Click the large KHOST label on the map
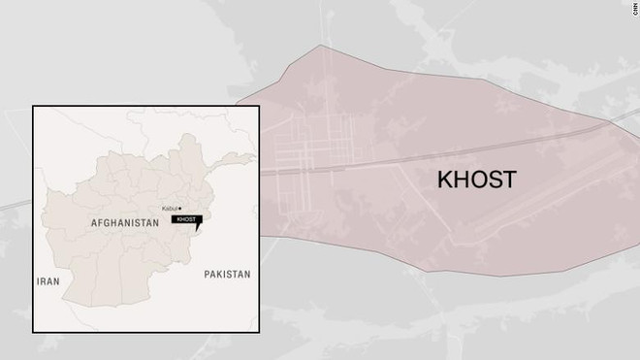(476, 180)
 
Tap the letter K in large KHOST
(444, 180)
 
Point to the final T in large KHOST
(508, 180)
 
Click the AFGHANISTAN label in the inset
(124, 223)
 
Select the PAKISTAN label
(227, 275)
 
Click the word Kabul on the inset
(171, 209)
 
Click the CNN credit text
(629, 5)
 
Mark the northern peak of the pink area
(319, 46)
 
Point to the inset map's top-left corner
(34, 106)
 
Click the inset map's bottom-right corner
(257, 331)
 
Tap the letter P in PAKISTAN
(208, 275)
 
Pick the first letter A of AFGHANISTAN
(93, 223)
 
